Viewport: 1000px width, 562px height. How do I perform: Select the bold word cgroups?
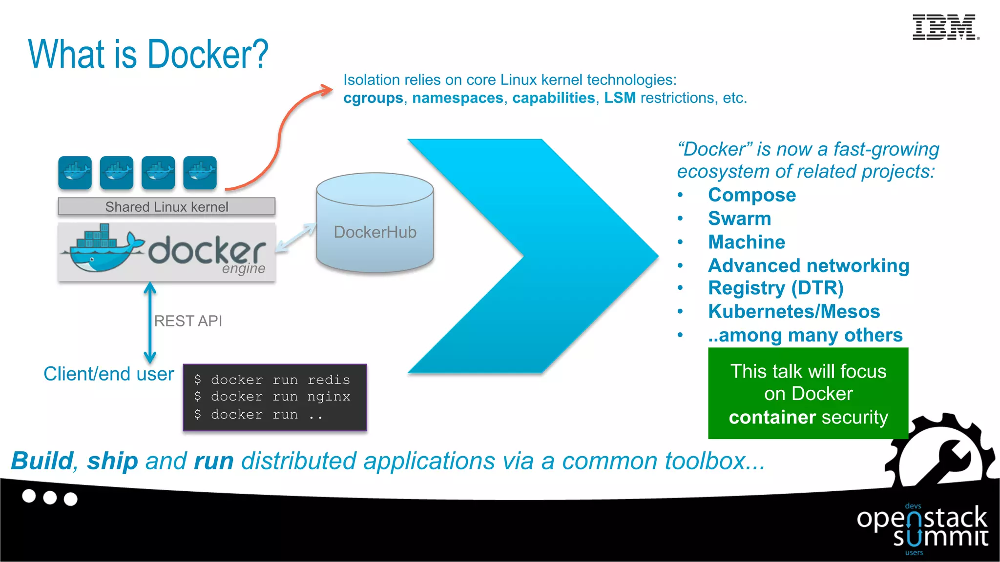pyautogui.click(x=373, y=98)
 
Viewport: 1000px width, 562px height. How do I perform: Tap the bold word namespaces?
pyautogui.click(x=458, y=98)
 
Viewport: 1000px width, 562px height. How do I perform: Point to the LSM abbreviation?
pyautogui.click(x=620, y=98)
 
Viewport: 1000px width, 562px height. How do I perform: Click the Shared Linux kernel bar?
pyautogui.click(x=167, y=207)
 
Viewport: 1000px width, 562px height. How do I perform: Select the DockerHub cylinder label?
pyautogui.click(x=375, y=232)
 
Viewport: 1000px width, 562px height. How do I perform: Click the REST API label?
pyautogui.click(x=188, y=321)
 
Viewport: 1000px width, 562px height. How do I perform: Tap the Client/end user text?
pyautogui.click(x=108, y=374)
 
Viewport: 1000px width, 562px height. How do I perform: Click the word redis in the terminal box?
pyautogui.click(x=329, y=380)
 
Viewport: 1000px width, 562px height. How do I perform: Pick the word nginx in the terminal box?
pyautogui.click(x=329, y=397)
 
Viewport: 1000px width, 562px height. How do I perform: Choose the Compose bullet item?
pyautogui.click(x=752, y=195)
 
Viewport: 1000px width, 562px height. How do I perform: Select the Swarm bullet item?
pyautogui.click(x=739, y=219)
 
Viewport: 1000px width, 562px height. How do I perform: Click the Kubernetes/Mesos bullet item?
pyautogui.click(x=794, y=312)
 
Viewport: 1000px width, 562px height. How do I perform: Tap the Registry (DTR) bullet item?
pyautogui.click(x=775, y=288)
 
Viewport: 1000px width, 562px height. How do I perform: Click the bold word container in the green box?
pyautogui.click(x=772, y=418)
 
